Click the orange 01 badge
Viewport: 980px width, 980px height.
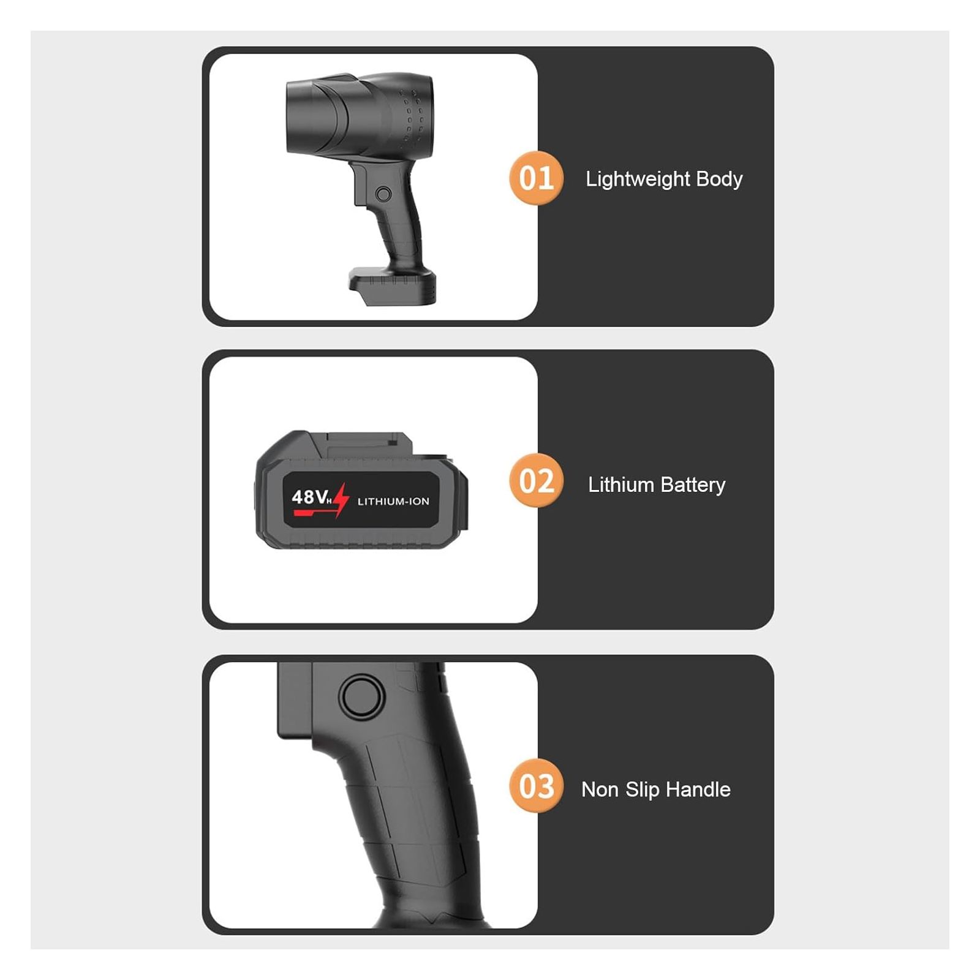536,178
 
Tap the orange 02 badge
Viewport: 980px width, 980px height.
536,481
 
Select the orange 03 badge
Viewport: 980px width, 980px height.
536,786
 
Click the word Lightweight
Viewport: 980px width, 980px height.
638,179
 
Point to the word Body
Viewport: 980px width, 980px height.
720,179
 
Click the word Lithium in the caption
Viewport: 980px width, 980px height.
621,484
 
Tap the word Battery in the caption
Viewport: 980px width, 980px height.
693,485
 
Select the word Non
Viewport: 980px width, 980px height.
600,790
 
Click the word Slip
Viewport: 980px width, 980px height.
642,790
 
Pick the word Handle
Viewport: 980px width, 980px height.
698,789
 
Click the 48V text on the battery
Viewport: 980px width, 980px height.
311,497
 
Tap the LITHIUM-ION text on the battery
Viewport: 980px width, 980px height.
393,501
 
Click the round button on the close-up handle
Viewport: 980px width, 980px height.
361,696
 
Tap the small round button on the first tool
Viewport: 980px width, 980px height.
383,194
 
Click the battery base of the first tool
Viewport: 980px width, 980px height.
393,286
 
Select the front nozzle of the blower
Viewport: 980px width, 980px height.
316,116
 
